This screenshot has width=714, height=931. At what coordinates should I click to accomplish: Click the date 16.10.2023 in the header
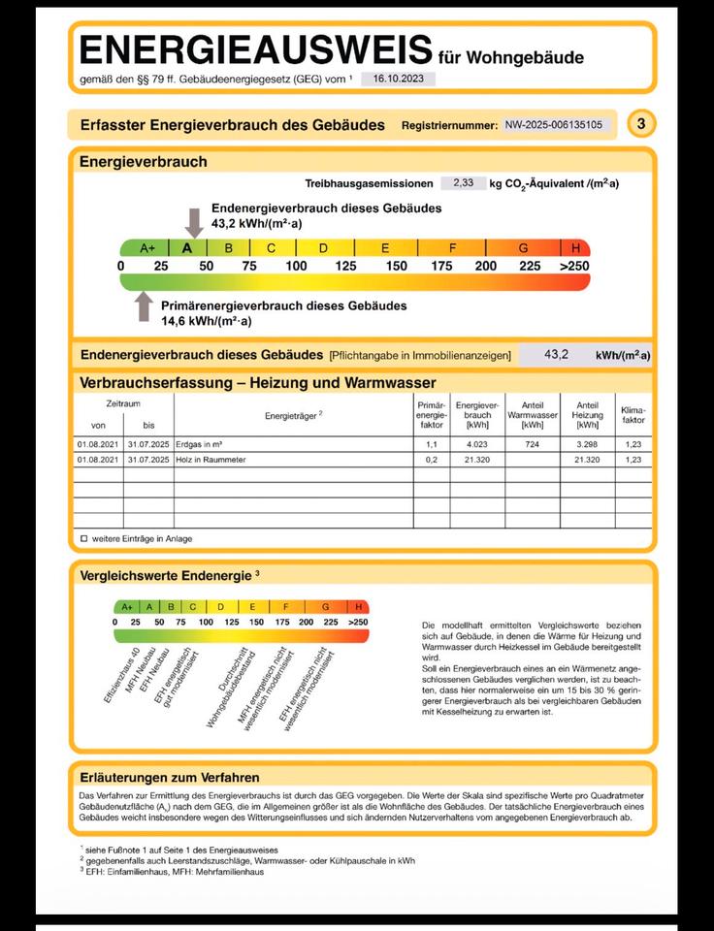pyautogui.click(x=398, y=79)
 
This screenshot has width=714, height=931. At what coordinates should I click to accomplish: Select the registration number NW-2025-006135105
pyautogui.click(x=553, y=125)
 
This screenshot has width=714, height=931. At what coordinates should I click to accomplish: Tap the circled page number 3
pyautogui.click(x=641, y=124)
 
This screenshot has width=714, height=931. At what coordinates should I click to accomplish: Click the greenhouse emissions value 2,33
pyautogui.click(x=462, y=182)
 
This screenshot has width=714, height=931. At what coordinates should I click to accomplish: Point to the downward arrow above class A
pyautogui.click(x=194, y=222)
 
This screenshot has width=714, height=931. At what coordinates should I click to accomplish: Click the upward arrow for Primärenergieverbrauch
pyautogui.click(x=145, y=305)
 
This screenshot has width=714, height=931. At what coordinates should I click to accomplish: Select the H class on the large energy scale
pyautogui.click(x=575, y=248)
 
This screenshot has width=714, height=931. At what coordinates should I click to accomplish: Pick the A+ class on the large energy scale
pyautogui.click(x=147, y=248)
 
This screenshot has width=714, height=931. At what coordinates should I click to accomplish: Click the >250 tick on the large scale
pyautogui.click(x=573, y=267)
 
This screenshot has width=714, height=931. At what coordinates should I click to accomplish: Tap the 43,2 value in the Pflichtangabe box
pyautogui.click(x=556, y=355)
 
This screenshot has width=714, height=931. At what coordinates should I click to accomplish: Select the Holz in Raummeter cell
pyautogui.click(x=211, y=460)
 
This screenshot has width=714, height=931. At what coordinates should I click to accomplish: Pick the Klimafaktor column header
pyautogui.click(x=633, y=415)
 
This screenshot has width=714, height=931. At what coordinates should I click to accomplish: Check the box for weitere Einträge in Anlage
pyautogui.click(x=83, y=537)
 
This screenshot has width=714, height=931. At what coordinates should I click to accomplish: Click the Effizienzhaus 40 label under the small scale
pyautogui.click(x=123, y=667)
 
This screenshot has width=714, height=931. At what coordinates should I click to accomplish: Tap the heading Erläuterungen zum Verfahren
pyautogui.click(x=170, y=778)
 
